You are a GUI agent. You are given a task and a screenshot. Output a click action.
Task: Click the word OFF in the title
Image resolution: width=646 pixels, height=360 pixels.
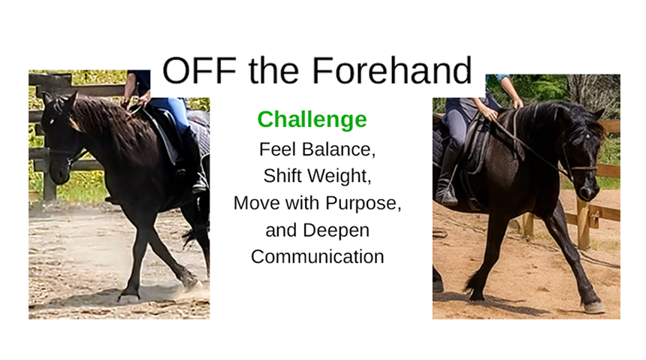pyautogui.click(x=199, y=70)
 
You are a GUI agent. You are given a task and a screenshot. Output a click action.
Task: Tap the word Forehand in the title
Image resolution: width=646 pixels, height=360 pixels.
pyautogui.click(x=392, y=70)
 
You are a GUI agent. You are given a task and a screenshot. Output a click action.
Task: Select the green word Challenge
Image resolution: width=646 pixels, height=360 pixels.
pyautogui.click(x=312, y=120)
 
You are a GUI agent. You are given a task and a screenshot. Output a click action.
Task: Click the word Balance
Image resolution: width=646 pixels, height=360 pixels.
pyautogui.click(x=338, y=150)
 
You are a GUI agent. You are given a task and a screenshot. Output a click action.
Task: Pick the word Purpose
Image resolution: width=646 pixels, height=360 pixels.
pyautogui.click(x=363, y=204)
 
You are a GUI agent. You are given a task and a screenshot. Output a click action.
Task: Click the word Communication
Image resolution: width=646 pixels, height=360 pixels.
pyautogui.click(x=317, y=256)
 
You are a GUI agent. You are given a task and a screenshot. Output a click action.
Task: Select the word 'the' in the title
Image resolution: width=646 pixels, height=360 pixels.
pyautogui.click(x=273, y=70)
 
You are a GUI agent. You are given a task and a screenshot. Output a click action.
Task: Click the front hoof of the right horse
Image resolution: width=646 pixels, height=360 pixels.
pyautogui.click(x=593, y=307)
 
